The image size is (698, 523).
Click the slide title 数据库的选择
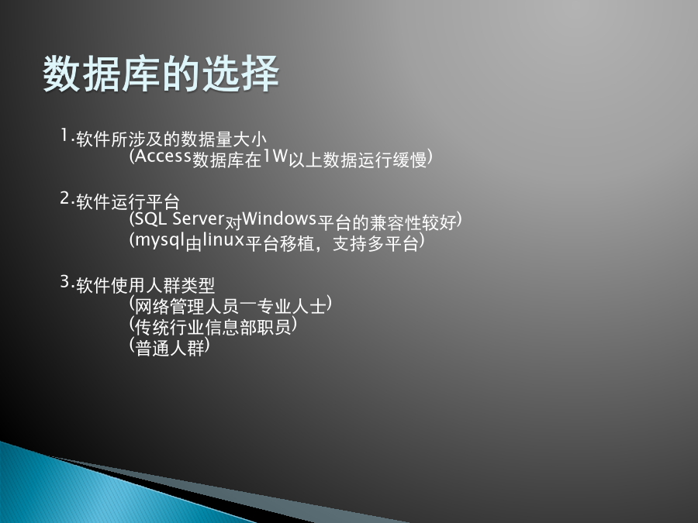(161, 74)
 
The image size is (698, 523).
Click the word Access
(163, 156)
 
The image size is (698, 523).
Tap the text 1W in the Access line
(275, 156)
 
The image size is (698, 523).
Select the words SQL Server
(179, 218)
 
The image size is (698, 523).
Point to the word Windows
(279, 218)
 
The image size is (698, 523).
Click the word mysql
(160, 241)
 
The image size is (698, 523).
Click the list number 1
(64, 135)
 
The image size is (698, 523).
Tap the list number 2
(65, 198)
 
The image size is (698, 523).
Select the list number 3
(65, 281)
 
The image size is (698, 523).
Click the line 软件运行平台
(128, 202)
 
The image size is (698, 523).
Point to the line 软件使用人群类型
(146, 285)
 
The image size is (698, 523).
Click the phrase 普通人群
(170, 348)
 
